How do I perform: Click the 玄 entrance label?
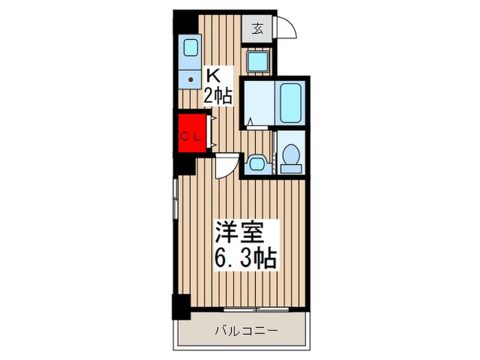257,29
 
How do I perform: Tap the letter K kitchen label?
213,75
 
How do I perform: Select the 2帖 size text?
217,95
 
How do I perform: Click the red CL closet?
192,133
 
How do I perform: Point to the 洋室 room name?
239,232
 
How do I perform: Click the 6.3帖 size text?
245,258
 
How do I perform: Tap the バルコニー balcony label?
247,331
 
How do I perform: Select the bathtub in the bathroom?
291,103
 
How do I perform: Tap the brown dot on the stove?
191,80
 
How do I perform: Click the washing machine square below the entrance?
258,61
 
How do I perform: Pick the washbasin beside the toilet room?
257,164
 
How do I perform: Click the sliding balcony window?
256,309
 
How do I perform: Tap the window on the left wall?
176,199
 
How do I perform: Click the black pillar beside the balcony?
181,307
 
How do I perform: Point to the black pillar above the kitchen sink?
186,22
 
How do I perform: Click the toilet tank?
291,169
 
